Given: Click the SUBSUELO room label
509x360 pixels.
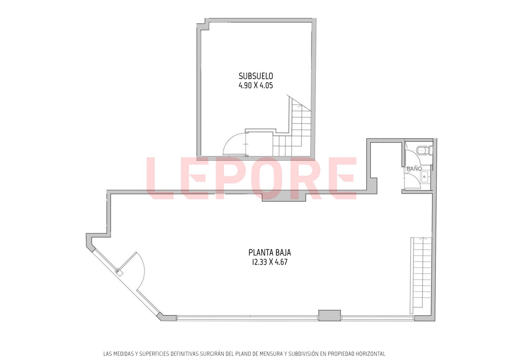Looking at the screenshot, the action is click(256, 76).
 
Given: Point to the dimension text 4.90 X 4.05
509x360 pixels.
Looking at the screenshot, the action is click(256, 85).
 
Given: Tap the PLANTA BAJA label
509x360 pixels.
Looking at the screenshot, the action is click(270, 253).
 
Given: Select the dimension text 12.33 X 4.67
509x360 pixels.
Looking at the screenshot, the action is click(270, 262).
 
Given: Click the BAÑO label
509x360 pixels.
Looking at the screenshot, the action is click(414, 169).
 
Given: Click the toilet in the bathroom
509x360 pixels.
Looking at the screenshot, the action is click(424, 151).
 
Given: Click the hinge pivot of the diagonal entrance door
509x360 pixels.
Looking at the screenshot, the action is click(118, 271).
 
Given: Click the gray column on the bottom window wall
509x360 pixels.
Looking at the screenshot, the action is click(329, 315).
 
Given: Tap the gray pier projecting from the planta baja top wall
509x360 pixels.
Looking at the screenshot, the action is click(284, 197).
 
